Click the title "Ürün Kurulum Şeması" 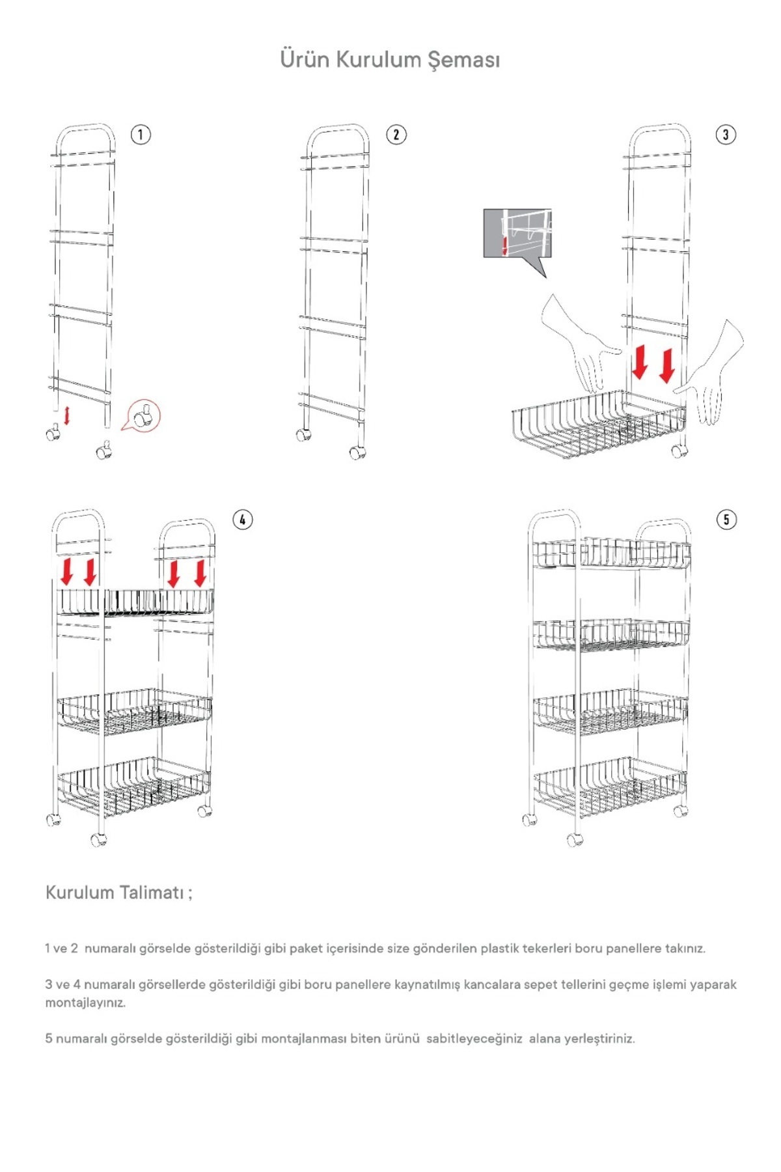(x=390, y=59)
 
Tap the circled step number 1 (x=141, y=135)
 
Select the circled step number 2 (x=396, y=135)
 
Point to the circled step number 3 (x=726, y=135)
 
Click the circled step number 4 (x=243, y=520)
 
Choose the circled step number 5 (x=726, y=520)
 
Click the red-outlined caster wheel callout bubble (x=143, y=415)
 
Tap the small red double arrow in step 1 (x=66, y=415)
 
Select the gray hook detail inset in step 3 (x=517, y=233)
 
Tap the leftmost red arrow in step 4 (x=66, y=571)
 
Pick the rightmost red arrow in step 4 (x=200, y=572)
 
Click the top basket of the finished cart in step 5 (x=611, y=553)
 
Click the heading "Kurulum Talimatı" (x=118, y=892)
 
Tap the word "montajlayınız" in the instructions (x=85, y=1003)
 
